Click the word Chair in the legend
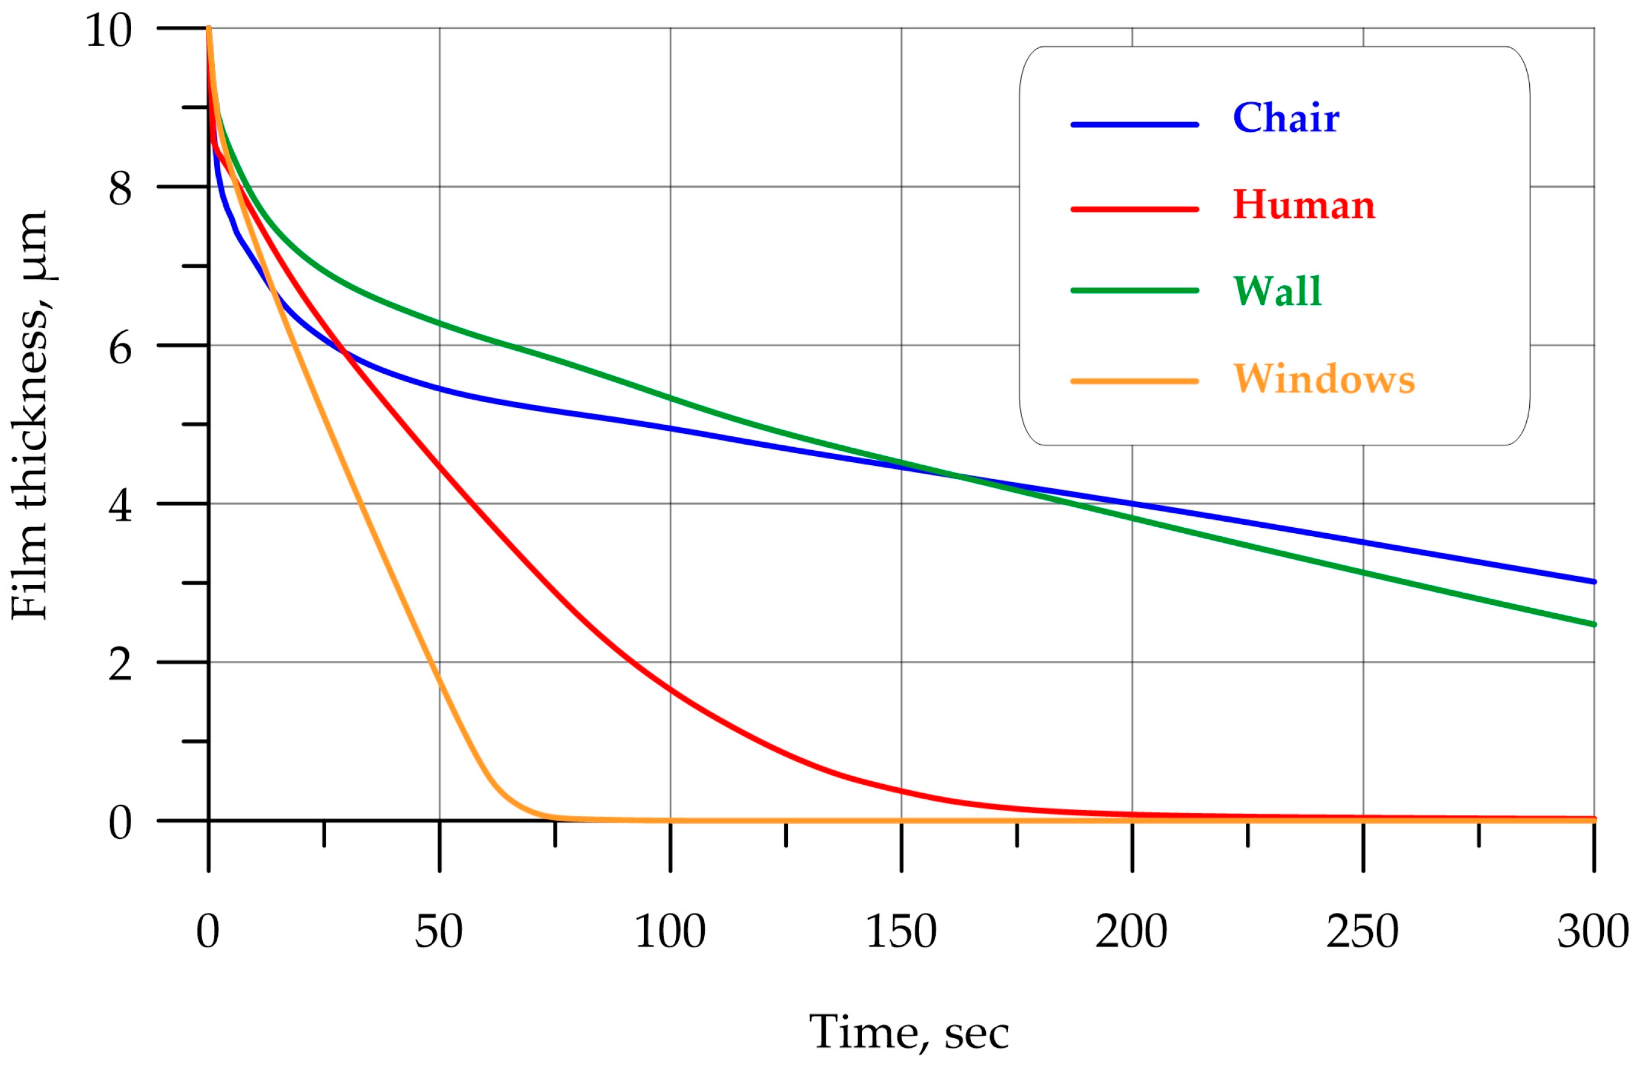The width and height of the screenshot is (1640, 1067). tap(1286, 118)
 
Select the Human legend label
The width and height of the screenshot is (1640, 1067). tap(1304, 205)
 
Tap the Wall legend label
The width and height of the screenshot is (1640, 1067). tap(1277, 291)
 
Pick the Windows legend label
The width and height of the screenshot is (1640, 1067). tap(1323, 379)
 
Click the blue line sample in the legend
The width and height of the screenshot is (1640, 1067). tap(1134, 125)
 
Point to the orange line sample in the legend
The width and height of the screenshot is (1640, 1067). tap(1134, 381)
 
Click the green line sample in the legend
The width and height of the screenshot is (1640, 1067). tap(1134, 291)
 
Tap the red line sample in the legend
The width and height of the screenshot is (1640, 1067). tap(1134, 209)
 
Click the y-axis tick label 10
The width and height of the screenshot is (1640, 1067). tap(108, 31)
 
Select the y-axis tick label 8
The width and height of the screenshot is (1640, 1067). tap(120, 188)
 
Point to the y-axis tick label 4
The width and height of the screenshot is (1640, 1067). tap(120, 506)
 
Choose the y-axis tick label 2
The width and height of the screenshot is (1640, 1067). tap(120, 665)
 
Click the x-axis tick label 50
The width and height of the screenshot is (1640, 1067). tap(438, 932)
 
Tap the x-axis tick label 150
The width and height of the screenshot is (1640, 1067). tap(900, 932)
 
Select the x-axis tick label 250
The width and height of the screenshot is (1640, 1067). tap(1363, 932)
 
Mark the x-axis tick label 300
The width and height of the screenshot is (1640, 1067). tap(1592, 932)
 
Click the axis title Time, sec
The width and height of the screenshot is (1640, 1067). tap(909, 1033)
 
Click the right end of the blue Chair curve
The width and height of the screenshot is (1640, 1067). tap(1593, 581)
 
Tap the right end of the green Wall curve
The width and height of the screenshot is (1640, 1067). tap(1593, 624)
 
